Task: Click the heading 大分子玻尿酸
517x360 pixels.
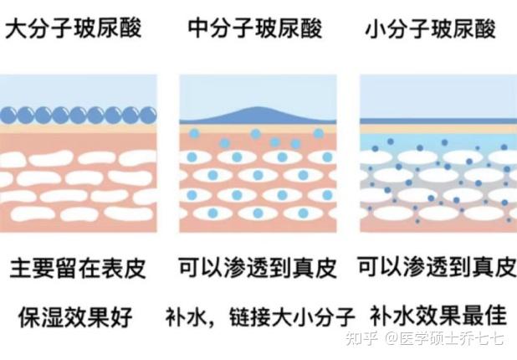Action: pos(74,28)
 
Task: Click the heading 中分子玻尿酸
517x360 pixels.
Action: pos(255,28)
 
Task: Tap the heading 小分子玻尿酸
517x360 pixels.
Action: pos(431,29)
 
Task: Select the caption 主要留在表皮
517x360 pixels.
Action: pos(78,268)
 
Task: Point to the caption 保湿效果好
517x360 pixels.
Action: pos(75,317)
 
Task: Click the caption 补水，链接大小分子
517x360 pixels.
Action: pos(260,317)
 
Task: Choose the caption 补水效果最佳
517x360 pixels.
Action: pos(438,316)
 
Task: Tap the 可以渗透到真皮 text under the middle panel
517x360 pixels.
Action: pos(258,267)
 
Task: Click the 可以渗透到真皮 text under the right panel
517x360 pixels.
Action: pos(437,266)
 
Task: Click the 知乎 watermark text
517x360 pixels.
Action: pos(361,339)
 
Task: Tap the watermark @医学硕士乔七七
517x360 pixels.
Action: pos(444,339)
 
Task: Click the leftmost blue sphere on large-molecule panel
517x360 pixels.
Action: pos(8,116)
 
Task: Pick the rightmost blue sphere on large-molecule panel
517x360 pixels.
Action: pos(148,116)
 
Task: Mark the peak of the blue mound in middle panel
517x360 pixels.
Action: pos(257,107)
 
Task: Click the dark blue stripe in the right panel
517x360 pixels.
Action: pos(438,121)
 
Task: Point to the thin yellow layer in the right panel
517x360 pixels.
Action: pos(438,129)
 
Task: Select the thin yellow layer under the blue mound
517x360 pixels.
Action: pos(258,128)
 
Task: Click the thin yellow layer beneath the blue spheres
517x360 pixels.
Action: pos(78,128)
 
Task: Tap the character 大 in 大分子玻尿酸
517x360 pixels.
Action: pos(16,28)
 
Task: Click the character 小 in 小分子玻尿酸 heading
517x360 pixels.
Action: pos(376,29)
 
